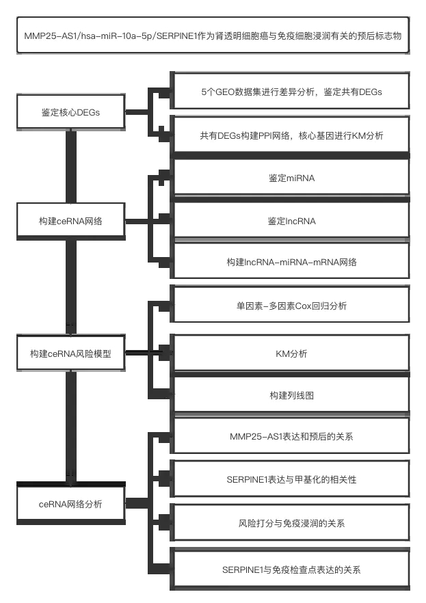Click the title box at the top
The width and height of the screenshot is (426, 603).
pos(213,36)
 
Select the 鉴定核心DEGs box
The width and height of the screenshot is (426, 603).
pos(70,112)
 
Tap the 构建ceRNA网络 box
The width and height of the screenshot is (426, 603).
pos(70,222)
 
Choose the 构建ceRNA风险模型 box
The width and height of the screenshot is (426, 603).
pos(70,353)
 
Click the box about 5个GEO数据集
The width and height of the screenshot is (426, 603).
pos(291,92)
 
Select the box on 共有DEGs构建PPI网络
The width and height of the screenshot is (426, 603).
pos(291,135)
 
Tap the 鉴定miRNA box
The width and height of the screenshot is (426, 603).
pos(291,178)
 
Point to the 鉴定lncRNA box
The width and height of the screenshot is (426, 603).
pos(291,222)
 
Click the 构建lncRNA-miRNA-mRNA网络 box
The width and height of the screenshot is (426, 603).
pos(291,263)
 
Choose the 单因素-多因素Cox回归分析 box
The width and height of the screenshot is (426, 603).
pos(291,306)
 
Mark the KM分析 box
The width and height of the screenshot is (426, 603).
pos(291,353)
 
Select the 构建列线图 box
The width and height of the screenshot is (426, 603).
pos(291,395)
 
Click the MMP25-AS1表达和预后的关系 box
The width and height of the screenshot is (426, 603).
pos(291,435)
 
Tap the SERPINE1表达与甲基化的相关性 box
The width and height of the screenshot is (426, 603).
pos(291,479)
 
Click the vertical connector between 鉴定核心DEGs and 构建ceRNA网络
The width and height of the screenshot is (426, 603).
pos(70,167)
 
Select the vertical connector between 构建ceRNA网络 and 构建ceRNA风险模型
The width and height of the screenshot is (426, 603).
pos(70,287)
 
